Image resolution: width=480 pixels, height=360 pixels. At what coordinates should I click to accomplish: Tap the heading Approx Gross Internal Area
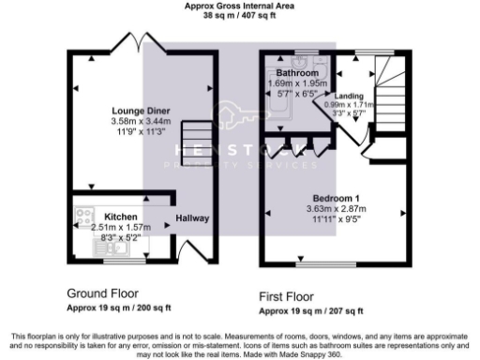click(x=240, y=6)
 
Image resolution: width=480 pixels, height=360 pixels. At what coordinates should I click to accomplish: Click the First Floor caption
click(x=292, y=294)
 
